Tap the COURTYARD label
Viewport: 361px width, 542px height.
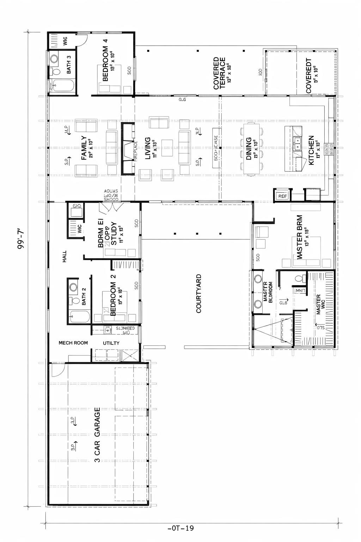coord(198,294)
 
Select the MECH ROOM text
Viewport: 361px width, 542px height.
coord(73,343)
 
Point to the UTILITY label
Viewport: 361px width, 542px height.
coord(111,343)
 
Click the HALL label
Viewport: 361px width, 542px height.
coord(65,257)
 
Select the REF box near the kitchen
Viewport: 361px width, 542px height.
coord(283,196)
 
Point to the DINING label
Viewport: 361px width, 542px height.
coord(249,149)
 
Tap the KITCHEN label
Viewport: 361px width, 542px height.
coord(311,150)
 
